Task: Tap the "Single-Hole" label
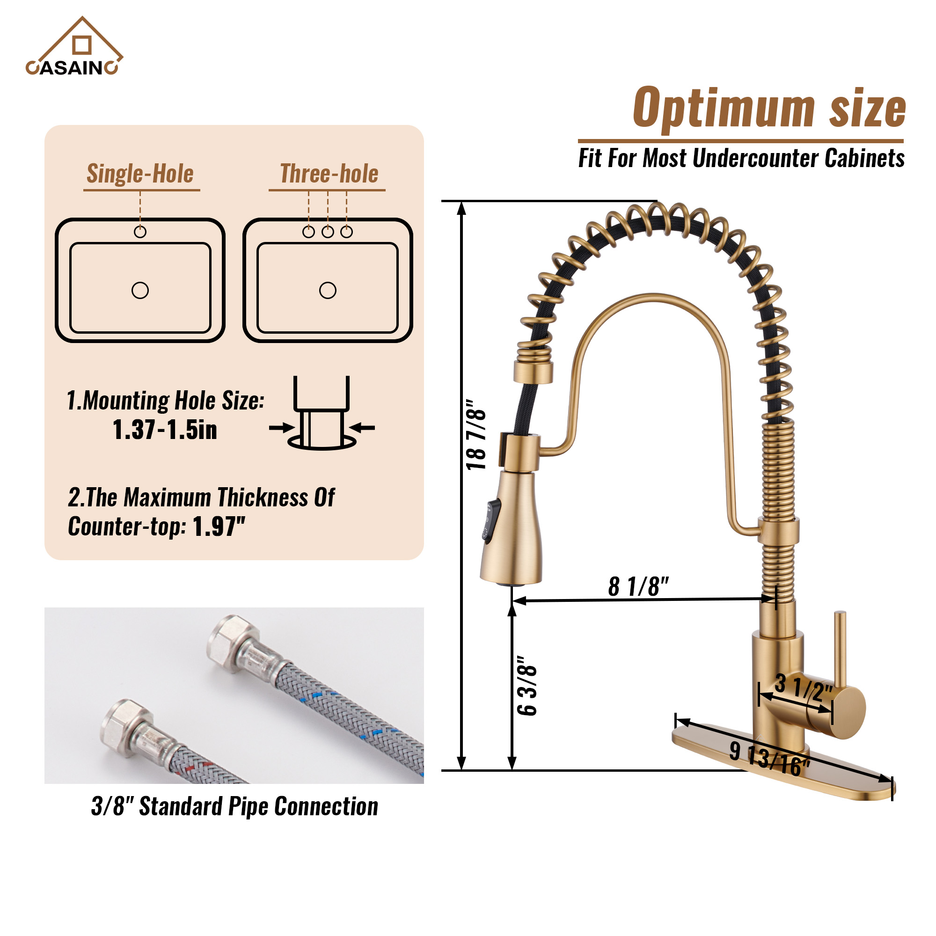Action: point(140,174)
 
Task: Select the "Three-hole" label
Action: point(329,174)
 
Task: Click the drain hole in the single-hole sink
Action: point(140,291)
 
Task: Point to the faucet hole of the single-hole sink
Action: point(140,232)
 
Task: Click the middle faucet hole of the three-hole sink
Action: point(328,232)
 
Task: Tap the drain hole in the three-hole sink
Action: point(328,291)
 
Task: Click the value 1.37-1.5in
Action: point(165,430)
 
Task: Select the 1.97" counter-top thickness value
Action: point(219,526)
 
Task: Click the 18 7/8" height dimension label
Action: point(476,435)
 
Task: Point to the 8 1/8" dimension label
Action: point(638,587)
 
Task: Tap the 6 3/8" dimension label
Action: point(527,686)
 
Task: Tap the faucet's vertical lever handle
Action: point(840,649)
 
